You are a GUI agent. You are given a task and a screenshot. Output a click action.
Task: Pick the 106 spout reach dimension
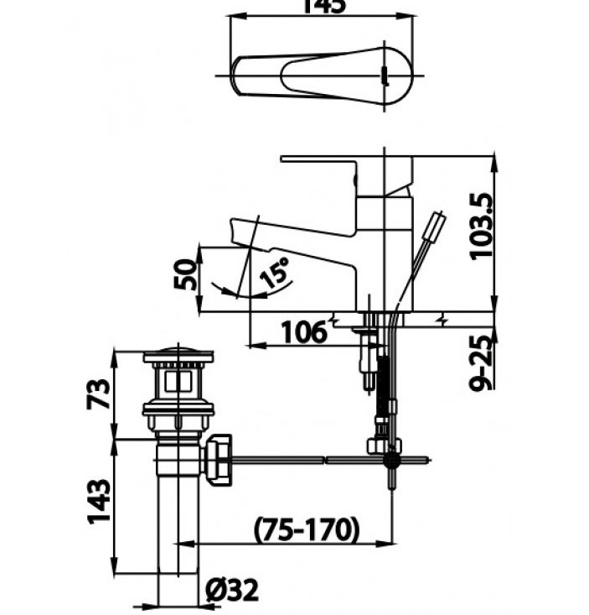[303, 332]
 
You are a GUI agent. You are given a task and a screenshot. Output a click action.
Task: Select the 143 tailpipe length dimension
[99, 502]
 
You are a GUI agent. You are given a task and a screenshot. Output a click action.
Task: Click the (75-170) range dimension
[307, 529]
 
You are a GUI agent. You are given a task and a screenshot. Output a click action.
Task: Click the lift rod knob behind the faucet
[434, 227]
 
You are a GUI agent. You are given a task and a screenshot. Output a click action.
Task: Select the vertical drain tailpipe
[178, 520]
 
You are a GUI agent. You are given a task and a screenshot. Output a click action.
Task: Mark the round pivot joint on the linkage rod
[391, 460]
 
